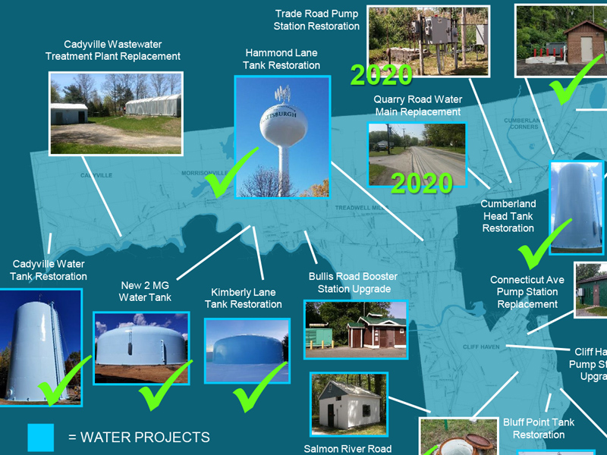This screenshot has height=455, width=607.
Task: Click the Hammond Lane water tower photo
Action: pos(282,136)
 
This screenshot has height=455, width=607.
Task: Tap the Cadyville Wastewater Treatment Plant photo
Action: pos(116,113)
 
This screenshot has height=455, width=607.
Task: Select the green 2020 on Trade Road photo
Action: pos(381,75)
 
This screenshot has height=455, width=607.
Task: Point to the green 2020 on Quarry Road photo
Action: pos(421,183)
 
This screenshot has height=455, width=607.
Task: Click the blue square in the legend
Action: pos(41,437)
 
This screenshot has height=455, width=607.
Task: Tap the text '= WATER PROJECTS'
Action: pos(139,438)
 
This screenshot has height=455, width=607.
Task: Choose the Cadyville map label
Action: pos(96,175)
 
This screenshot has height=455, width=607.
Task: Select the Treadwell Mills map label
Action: pos(362,207)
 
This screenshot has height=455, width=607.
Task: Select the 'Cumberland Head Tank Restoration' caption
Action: pos(508,216)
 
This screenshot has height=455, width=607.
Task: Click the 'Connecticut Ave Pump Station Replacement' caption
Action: pos(527,292)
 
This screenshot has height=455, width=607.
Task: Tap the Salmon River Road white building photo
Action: pos(349,404)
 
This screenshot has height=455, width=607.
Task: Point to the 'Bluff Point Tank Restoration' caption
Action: pos(539,428)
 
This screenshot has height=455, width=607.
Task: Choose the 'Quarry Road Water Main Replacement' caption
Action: pos(417,105)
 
